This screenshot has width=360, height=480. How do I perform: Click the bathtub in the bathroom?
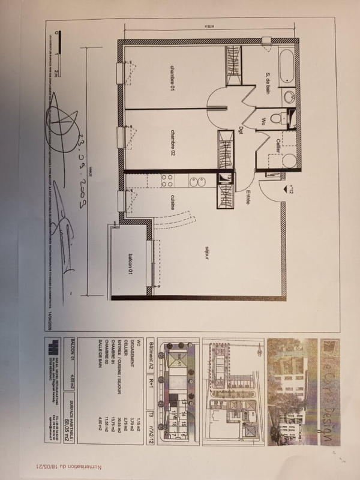click(x=286, y=66)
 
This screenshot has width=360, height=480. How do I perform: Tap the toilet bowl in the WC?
click(x=277, y=118)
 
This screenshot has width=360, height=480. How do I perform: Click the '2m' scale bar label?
click(x=55, y=72)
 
